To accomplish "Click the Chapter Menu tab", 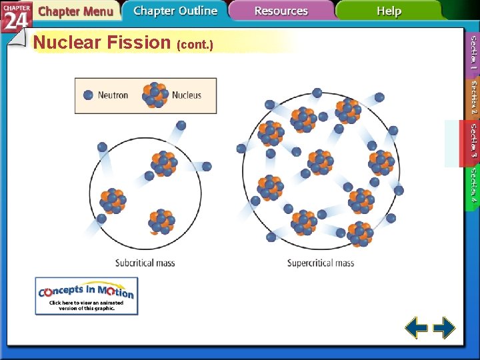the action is pos(75,11).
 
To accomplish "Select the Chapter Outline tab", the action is pos(175,11).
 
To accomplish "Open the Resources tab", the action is pos(281,11).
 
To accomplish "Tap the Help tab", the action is pos(389,11).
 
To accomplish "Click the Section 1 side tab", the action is pos(473,53).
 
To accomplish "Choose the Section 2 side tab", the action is pos(473,97).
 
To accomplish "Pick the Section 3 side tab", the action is pos(473,141).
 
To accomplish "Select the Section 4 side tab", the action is pos(473,186).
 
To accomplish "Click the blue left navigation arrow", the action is pos(417,327).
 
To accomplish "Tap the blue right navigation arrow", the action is pos(444,327).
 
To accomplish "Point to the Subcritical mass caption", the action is pos(145,263).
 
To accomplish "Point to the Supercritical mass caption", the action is pos(321,263).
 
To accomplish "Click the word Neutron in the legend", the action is pos(113,95).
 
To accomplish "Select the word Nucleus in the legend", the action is pos(187,95).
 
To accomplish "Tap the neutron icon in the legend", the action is pos(88,95).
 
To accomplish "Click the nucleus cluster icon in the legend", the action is pos(155,95).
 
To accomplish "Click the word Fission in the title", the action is pos(143,43).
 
